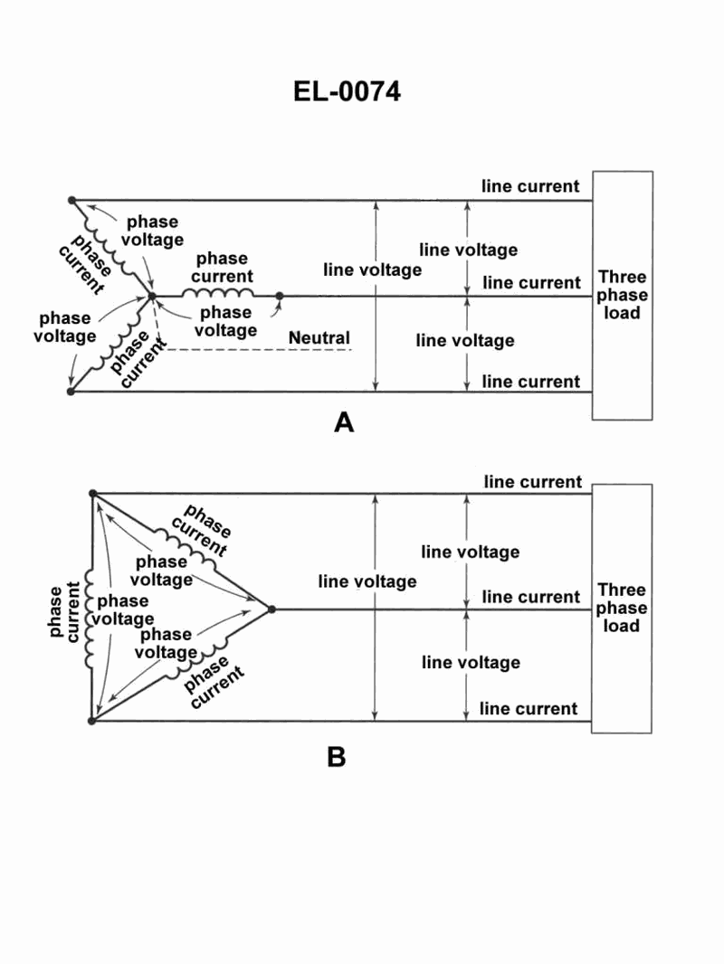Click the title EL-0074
click(347, 91)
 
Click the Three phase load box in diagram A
click(623, 295)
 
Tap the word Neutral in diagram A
click(319, 338)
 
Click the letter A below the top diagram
click(343, 421)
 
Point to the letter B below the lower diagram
click(336, 756)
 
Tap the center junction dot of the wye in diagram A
click(152, 296)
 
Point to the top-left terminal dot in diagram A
click(71, 200)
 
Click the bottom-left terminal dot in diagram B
click(91, 721)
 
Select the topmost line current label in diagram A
click(530, 186)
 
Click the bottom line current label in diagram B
click(529, 708)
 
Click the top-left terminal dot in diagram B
click(92, 494)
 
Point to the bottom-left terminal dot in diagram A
click(71, 392)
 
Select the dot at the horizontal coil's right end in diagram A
click(279, 296)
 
